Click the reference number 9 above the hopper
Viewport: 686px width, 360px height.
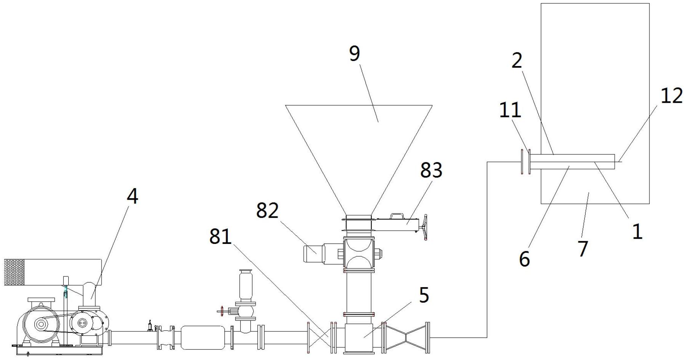[354, 53]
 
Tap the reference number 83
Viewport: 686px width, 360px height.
[431, 170]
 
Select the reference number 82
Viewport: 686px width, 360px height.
[267, 210]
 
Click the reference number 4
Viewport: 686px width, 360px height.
[132, 196]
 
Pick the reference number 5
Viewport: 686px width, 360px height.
[424, 295]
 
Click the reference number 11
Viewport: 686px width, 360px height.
[510, 110]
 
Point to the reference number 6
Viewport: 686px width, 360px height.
[525, 259]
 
